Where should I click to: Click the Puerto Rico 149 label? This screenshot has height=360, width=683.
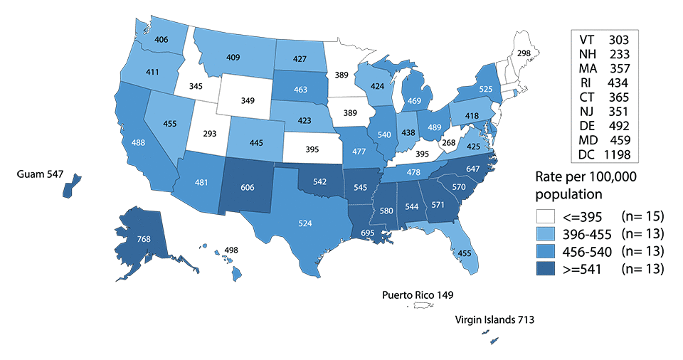click(x=418, y=294)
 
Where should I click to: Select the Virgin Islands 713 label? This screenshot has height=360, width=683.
click(x=494, y=320)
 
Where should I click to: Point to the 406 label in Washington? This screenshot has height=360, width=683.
click(x=161, y=40)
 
